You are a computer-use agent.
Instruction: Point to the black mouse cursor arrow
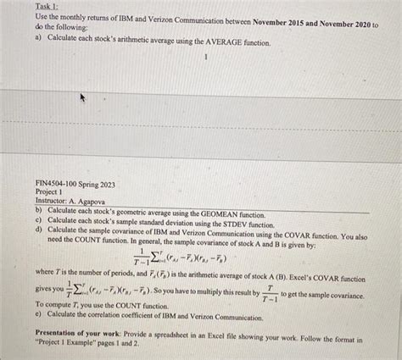tap(82, 98)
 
